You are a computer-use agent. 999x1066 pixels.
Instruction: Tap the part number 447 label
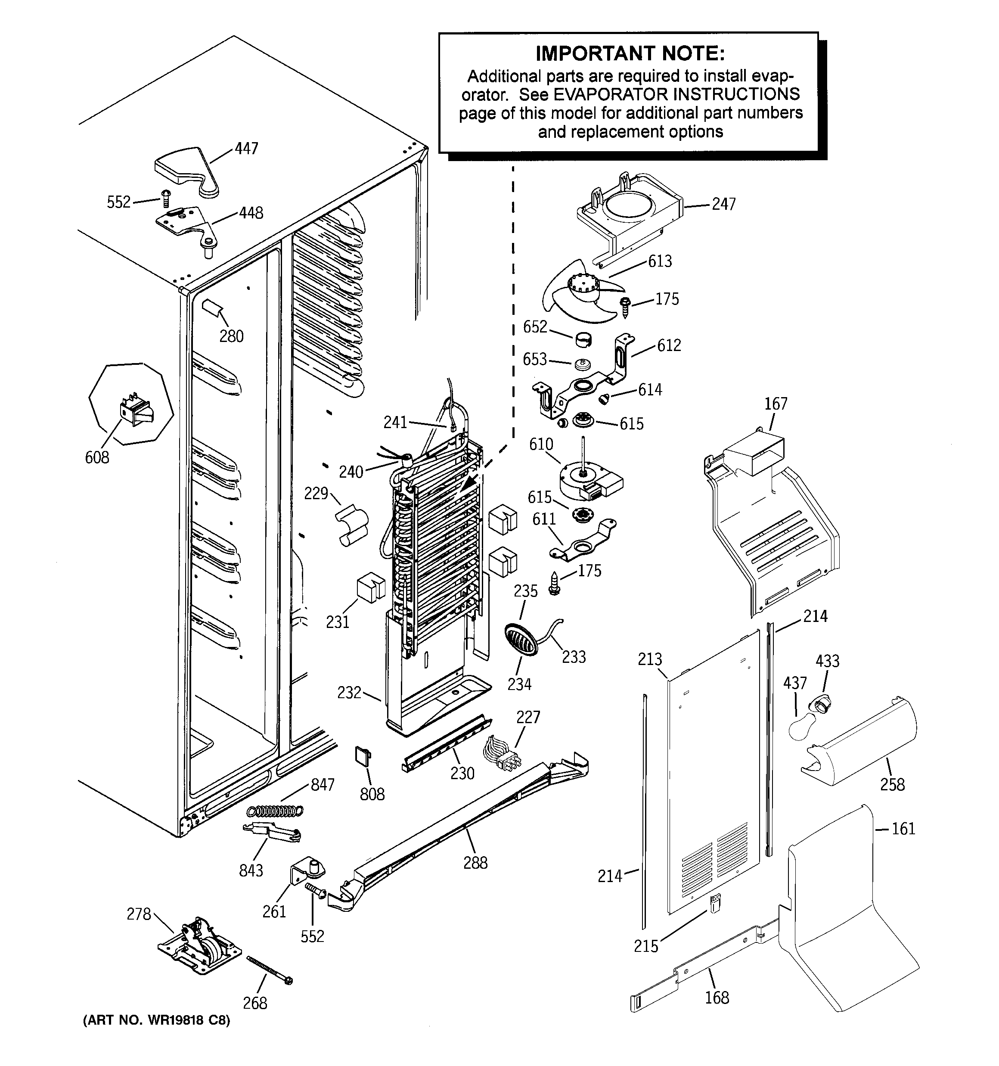pos(246,149)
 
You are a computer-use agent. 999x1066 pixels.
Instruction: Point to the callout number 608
pos(97,457)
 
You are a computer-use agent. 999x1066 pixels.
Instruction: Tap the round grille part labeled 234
pos(521,639)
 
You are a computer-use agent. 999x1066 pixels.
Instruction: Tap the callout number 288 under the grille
pos(475,863)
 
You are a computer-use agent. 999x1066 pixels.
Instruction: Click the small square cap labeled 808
pos(363,755)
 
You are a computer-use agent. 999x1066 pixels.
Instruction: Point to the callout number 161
pos(903,829)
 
